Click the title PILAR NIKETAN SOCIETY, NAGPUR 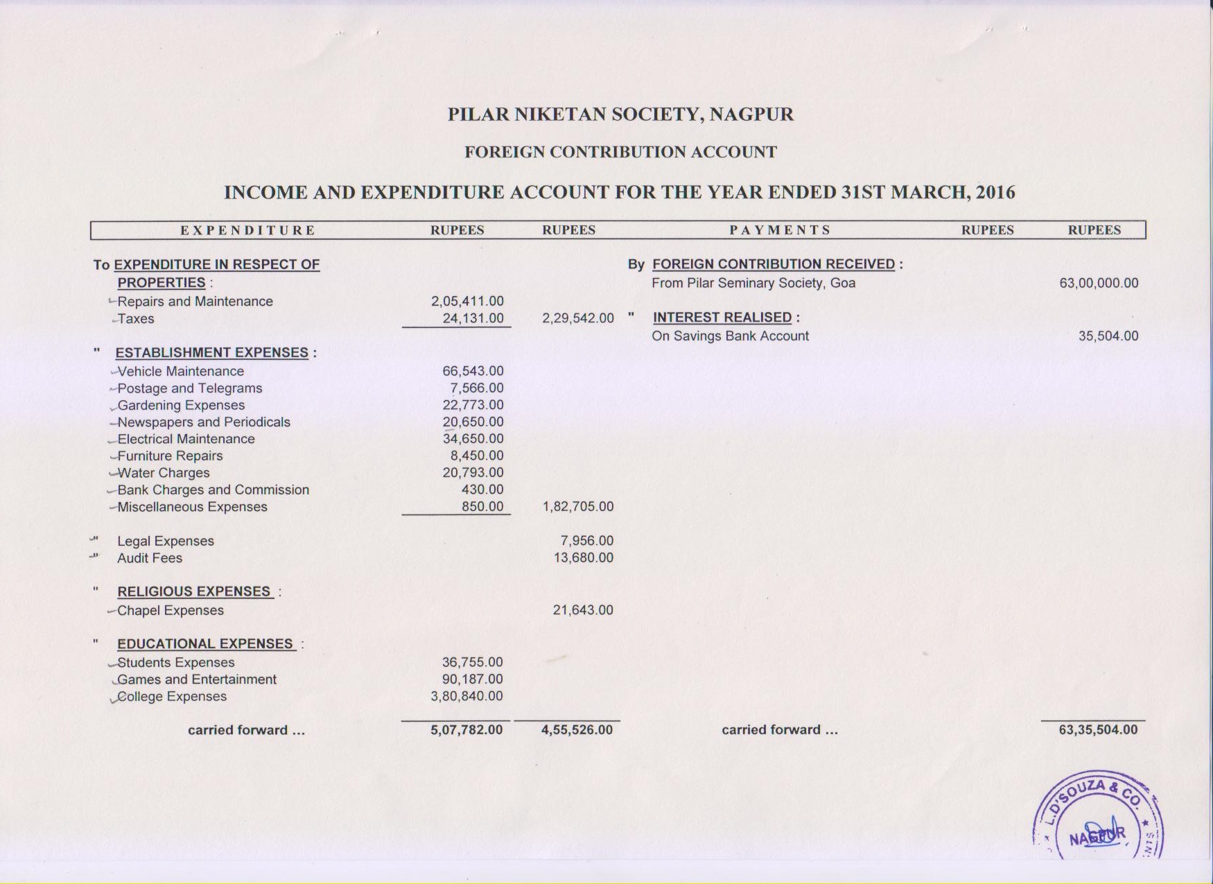pyautogui.click(x=620, y=114)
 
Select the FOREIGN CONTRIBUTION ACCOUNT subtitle pyautogui.click(x=620, y=152)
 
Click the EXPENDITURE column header pyautogui.click(x=247, y=230)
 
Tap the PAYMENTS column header pyautogui.click(x=780, y=230)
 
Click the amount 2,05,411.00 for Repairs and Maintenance pyautogui.click(x=467, y=302)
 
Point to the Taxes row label pyautogui.click(x=136, y=319)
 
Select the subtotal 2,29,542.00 pyautogui.click(x=577, y=318)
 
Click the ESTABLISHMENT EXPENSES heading pyautogui.click(x=212, y=353)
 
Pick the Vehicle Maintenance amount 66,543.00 pyautogui.click(x=473, y=372)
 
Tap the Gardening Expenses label pyautogui.click(x=181, y=406)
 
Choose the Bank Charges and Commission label pyautogui.click(x=213, y=490)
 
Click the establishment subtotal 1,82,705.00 pyautogui.click(x=577, y=507)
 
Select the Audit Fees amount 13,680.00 pyautogui.click(x=583, y=558)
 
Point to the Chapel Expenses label pyautogui.click(x=171, y=611)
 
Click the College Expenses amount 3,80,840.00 pyautogui.click(x=466, y=696)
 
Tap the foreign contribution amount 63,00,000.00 pyautogui.click(x=1099, y=283)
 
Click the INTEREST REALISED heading pyautogui.click(x=722, y=318)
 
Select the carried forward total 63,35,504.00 pyautogui.click(x=1098, y=730)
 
